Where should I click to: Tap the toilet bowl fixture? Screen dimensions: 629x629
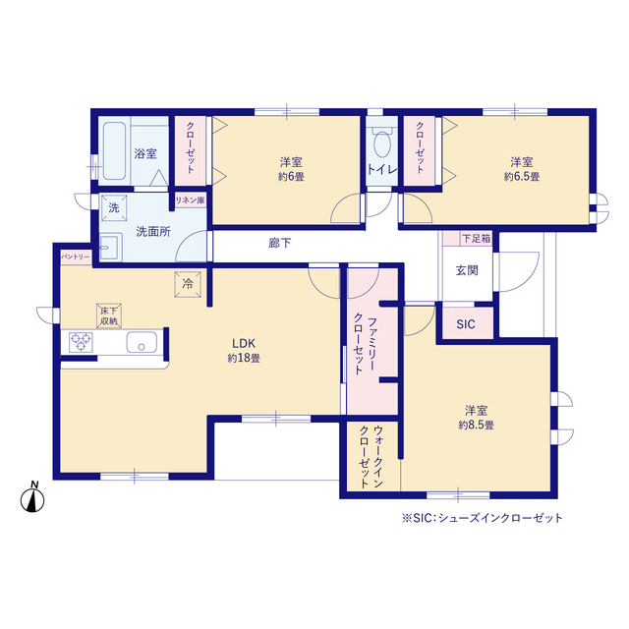(x=382, y=142)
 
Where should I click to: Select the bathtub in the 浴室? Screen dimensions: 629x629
(x=114, y=150)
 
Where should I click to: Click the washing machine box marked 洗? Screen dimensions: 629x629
(x=114, y=207)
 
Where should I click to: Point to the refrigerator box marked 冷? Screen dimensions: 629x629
(x=188, y=284)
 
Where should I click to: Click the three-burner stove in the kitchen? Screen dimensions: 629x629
(x=81, y=342)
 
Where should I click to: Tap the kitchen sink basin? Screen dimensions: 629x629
(x=142, y=342)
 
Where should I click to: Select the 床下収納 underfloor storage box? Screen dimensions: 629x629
(x=109, y=316)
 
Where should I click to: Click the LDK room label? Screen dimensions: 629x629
(x=244, y=343)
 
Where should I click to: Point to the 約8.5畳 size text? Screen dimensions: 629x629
(x=476, y=426)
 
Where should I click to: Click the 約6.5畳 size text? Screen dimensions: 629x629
(x=522, y=177)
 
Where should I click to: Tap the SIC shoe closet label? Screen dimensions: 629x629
(x=465, y=324)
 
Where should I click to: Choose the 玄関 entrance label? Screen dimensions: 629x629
(x=467, y=271)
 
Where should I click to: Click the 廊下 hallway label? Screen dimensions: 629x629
(x=279, y=243)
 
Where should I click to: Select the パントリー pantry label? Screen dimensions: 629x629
(x=76, y=257)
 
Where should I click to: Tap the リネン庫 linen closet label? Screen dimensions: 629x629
(x=190, y=200)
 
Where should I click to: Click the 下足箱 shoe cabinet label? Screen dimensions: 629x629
(x=476, y=239)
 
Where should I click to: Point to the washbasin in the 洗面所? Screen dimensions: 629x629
(x=110, y=247)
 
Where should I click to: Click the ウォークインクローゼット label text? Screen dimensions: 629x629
(x=372, y=457)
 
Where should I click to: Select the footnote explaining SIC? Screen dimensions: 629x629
(x=483, y=518)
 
